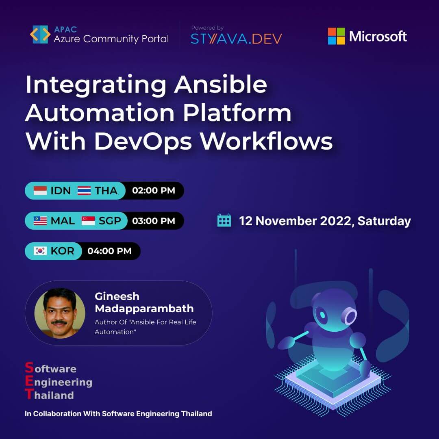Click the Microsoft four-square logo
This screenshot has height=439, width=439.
point(336,36)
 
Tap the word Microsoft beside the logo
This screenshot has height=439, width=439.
point(378,37)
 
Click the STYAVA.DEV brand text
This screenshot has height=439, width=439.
point(236,39)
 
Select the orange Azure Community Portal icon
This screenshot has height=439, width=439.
point(40,35)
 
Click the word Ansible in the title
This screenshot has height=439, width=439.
point(220,85)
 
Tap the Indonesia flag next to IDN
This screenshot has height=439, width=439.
point(40,191)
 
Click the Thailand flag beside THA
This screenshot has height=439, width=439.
point(84,191)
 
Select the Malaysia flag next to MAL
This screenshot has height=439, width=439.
point(40,221)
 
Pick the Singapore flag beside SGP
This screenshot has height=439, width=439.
point(88,221)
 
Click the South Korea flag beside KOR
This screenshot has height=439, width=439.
point(40,251)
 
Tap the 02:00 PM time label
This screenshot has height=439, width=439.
point(154,191)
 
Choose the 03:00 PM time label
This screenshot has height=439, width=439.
point(154,221)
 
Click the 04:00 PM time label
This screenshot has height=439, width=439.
point(109,251)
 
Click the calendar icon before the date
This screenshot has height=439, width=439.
point(224,220)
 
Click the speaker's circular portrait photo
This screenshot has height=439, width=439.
point(60,313)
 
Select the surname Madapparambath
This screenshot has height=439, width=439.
point(144,309)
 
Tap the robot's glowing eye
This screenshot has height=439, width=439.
point(323,315)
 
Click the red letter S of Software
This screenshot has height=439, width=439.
point(29,368)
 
